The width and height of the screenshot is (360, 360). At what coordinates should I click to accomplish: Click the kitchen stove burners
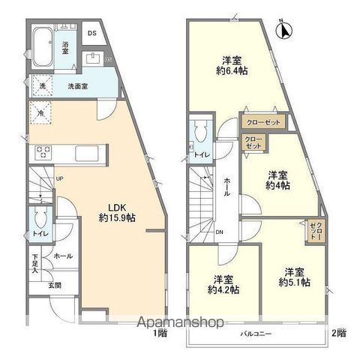coord(43,152)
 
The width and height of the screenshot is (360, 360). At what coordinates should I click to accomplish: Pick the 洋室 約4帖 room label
coord(277,181)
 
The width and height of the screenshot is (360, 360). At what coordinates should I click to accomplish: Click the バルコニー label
coord(256,331)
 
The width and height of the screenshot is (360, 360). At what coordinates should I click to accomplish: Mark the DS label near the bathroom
coord(92,33)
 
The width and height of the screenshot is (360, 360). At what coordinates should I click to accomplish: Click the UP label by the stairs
coord(58,177)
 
